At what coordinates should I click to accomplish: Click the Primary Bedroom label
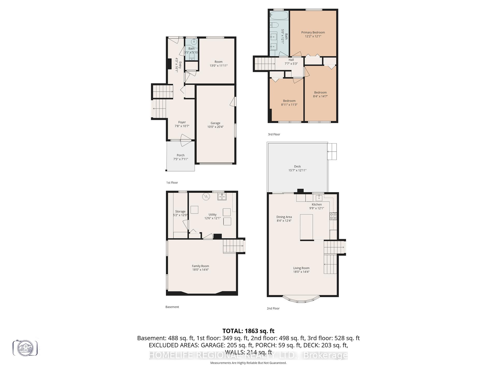pos(313,32)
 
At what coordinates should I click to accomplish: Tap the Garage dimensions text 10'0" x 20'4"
pos(215,127)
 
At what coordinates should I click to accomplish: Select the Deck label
pos(297,167)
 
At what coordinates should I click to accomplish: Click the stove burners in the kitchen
pos(333,216)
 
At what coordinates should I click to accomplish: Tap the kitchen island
pos(306,227)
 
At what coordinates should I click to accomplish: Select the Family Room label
pos(200,266)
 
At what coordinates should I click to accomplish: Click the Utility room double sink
pos(222,197)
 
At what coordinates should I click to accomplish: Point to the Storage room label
pos(180,212)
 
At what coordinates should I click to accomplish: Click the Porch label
pos(180,155)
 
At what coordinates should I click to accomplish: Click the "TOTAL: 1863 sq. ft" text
pos(248,331)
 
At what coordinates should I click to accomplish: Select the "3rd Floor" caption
pos(274,134)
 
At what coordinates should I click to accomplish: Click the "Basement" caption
pos(172,307)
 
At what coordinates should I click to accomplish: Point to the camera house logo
pos(25,348)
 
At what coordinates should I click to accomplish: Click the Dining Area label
pos(284,217)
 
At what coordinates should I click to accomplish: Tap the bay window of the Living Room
pos(301,300)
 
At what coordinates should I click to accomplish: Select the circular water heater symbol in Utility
pos(206,196)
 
